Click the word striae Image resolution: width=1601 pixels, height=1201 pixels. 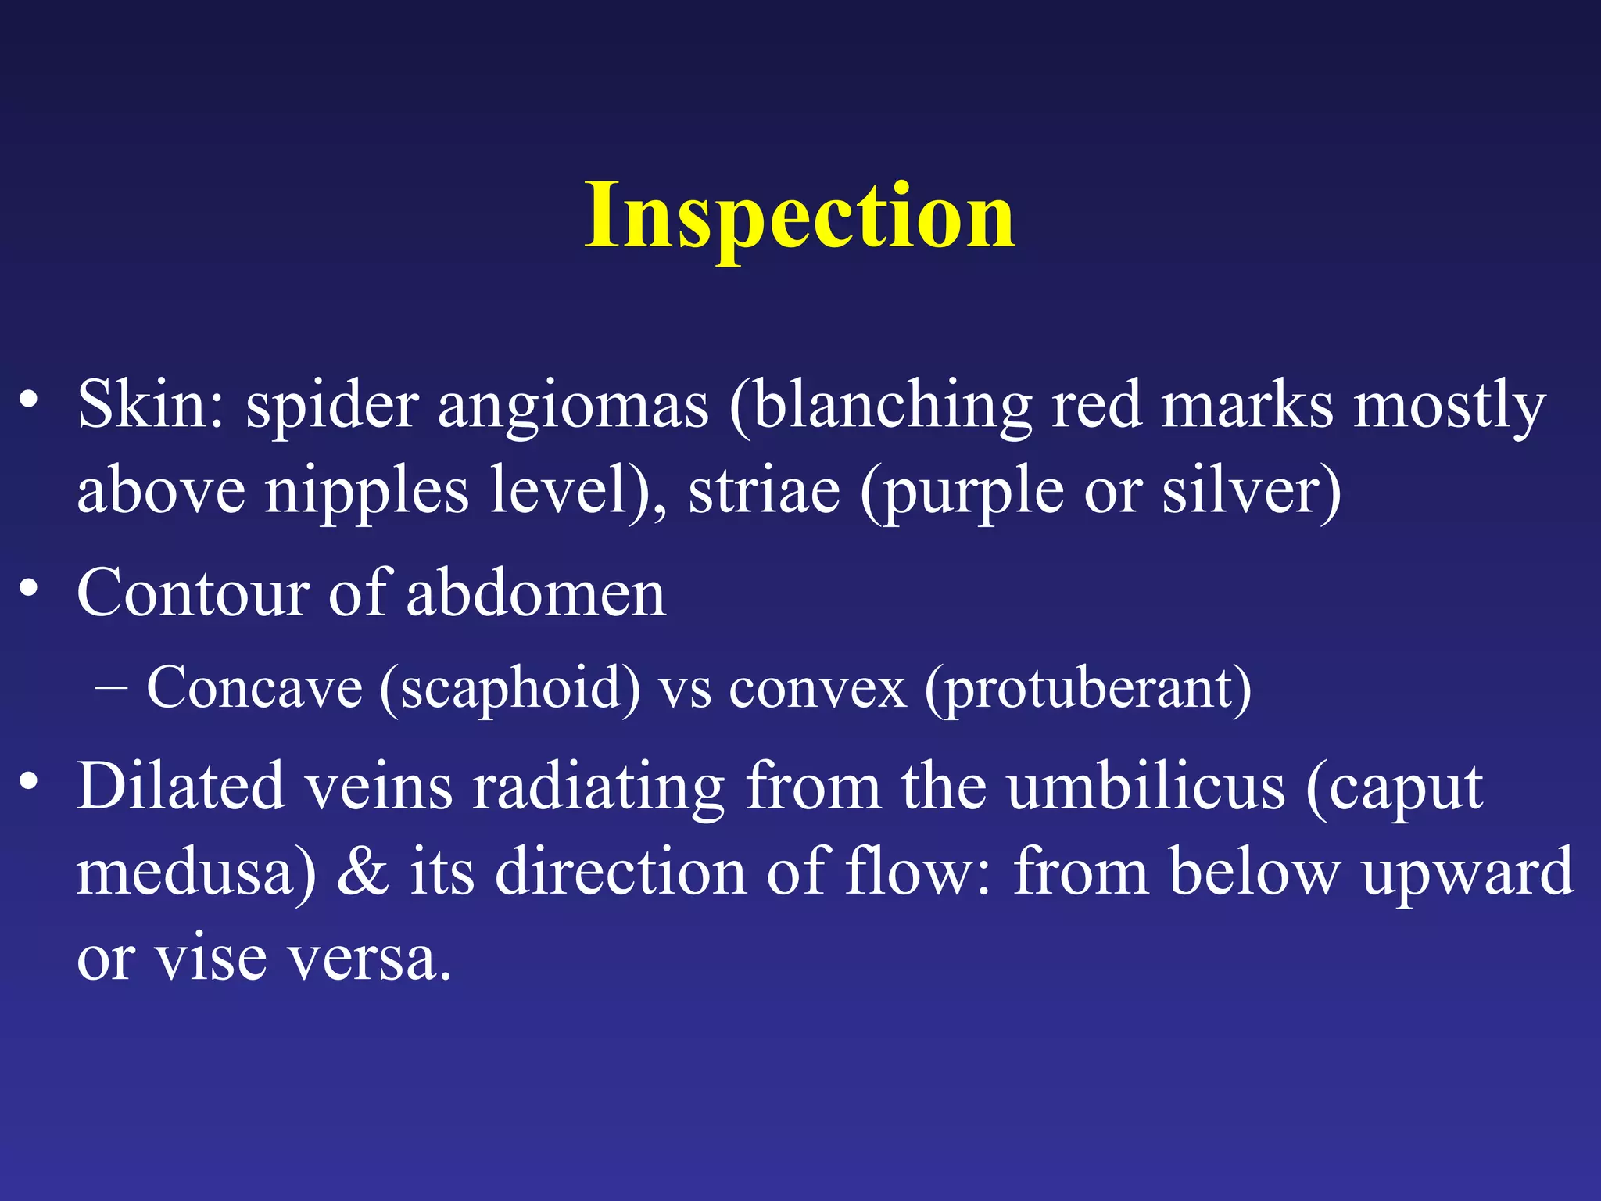(764, 490)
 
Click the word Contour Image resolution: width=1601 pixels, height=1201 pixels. (192, 593)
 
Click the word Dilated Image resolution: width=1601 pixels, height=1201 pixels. (180, 786)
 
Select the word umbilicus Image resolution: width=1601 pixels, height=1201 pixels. (1145, 786)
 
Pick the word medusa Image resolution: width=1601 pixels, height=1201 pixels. (188, 872)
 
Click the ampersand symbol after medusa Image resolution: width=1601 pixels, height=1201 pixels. (363, 872)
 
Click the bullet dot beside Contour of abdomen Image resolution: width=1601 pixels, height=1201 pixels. (29, 587)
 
